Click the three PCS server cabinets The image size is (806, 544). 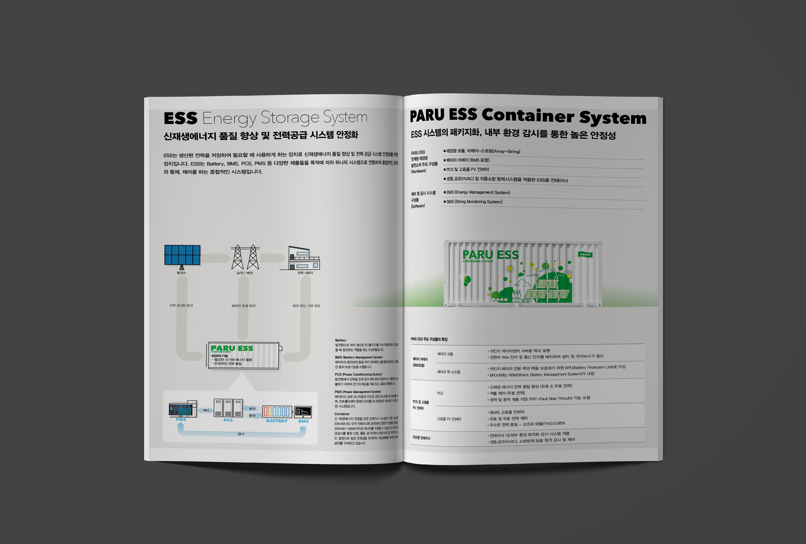[x=228, y=408]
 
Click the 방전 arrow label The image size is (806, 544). [x=252, y=409]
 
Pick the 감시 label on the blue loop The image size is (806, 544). [x=241, y=434]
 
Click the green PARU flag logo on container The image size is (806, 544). [x=585, y=255]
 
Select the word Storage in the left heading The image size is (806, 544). [x=290, y=118]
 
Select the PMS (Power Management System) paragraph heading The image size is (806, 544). [x=358, y=392]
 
